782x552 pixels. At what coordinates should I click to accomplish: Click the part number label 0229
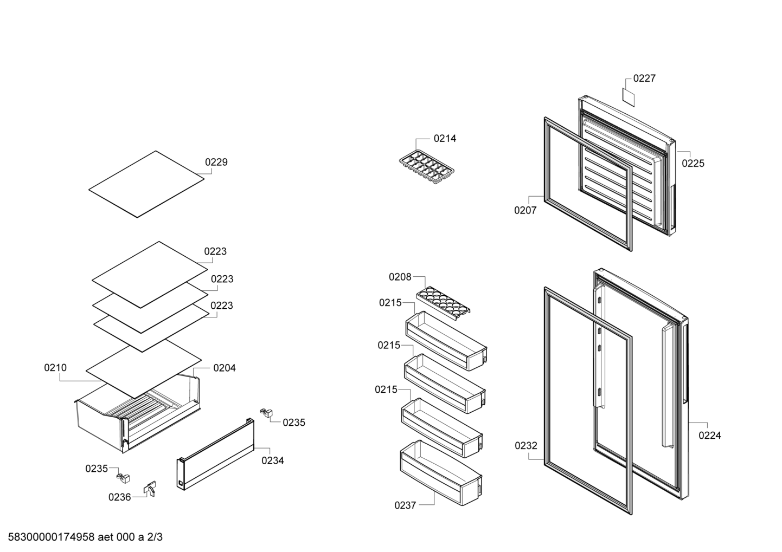tap(216, 162)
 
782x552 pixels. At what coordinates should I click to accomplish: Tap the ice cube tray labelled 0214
tap(427, 167)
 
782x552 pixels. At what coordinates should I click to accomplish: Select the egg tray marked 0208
tap(443, 303)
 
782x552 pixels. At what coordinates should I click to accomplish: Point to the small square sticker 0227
tap(629, 98)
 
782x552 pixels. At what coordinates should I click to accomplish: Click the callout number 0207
tap(525, 210)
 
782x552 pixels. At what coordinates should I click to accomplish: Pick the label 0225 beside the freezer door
tap(693, 163)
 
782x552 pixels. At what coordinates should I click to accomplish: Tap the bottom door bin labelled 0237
tap(441, 473)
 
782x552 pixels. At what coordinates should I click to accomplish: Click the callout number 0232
tap(526, 446)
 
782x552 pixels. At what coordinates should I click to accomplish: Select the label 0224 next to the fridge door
tap(710, 435)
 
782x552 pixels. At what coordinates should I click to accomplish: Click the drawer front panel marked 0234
tap(215, 454)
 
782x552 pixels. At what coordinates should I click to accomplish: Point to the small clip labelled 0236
tap(150, 489)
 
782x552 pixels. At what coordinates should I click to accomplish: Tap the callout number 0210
tap(55, 367)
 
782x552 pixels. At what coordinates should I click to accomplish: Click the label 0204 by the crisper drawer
tap(225, 368)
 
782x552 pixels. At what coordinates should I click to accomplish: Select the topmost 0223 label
tap(215, 251)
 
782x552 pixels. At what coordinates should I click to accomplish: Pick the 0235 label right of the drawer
tap(294, 423)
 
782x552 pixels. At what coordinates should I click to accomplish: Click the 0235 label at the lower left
tap(97, 469)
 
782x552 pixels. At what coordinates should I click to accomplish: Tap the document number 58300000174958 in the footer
tap(52, 537)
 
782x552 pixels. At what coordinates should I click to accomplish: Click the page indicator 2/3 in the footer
tap(155, 537)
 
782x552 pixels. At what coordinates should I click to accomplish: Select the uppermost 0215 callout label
tap(390, 303)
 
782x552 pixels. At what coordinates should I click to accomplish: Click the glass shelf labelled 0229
tap(146, 184)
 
